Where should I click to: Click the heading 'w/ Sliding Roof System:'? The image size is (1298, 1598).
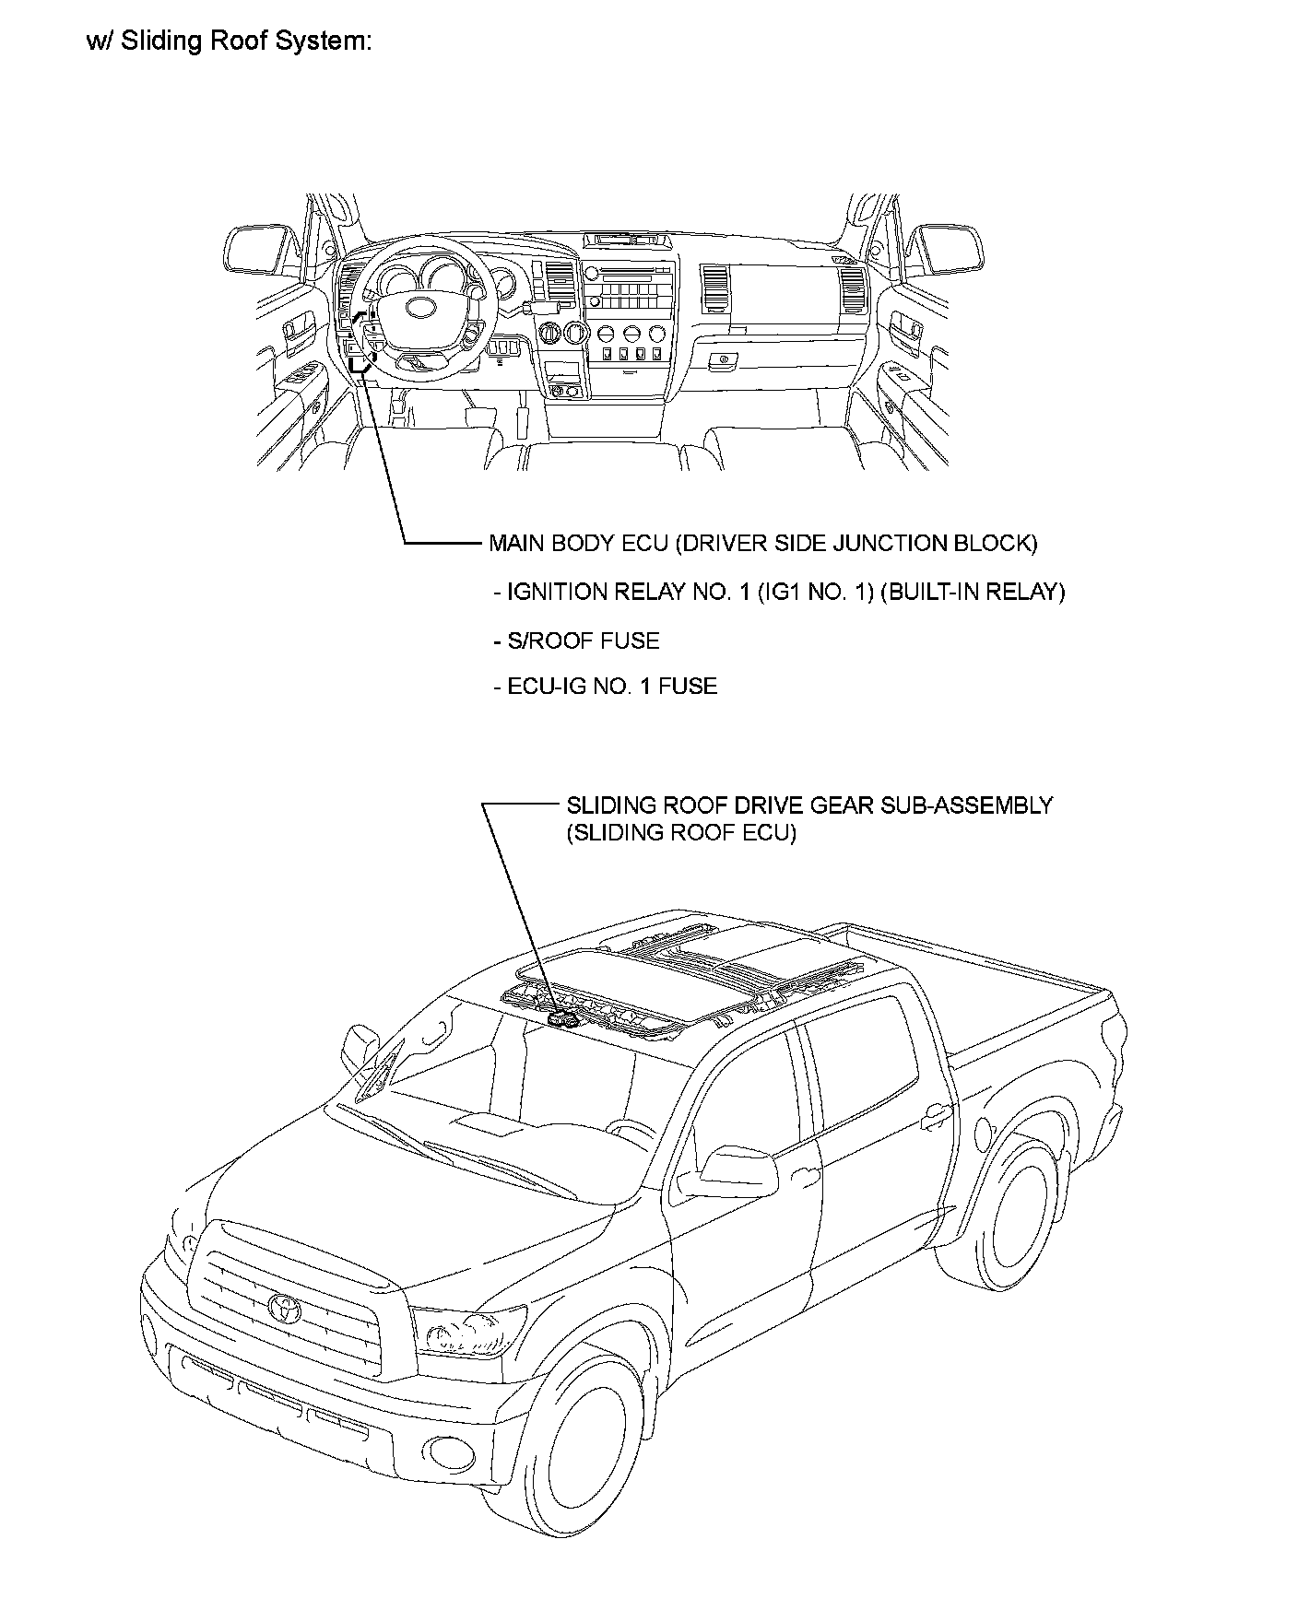pos(229,42)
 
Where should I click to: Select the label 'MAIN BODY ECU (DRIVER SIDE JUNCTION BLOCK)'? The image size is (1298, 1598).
pos(762,543)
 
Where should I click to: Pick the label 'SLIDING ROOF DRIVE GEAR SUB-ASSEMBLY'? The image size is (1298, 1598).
pos(808,805)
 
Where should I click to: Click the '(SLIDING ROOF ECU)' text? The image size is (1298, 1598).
pos(680,833)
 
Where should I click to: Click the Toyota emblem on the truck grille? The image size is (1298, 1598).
pos(283,1306)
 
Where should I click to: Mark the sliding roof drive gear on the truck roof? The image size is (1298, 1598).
pos(561,1018)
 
